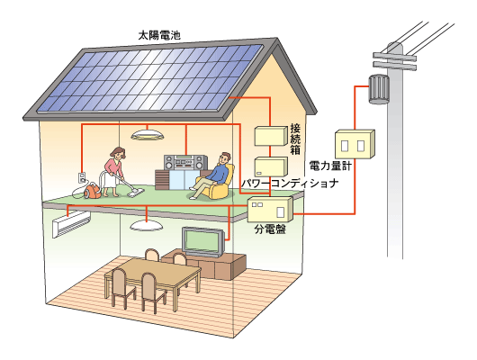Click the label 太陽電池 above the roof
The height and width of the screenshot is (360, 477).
coord(159,35)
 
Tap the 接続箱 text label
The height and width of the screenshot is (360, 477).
coord(295,139)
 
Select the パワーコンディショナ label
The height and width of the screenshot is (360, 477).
coord(290,184)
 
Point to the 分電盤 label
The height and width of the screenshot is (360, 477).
coord(270,229)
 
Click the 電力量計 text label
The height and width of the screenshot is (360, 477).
coord(330,166)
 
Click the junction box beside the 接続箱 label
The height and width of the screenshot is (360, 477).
coord(271,136)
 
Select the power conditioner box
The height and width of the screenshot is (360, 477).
coord(271,166)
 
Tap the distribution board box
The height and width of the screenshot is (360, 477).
coord(270,209)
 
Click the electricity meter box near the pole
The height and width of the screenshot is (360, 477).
coord(355,144)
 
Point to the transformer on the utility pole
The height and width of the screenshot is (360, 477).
coord(379,89)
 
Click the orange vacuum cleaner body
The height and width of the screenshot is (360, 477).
coord(92,191)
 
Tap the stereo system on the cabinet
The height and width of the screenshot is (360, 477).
coord(186,163)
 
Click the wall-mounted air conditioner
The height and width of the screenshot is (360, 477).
coord(71,224)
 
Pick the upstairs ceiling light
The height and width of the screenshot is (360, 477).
coord(148,135)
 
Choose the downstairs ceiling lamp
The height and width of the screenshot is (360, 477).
coord(147,226)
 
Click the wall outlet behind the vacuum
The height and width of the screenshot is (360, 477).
coord(81,177)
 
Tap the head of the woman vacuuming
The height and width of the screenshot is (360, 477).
coord(118,153)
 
